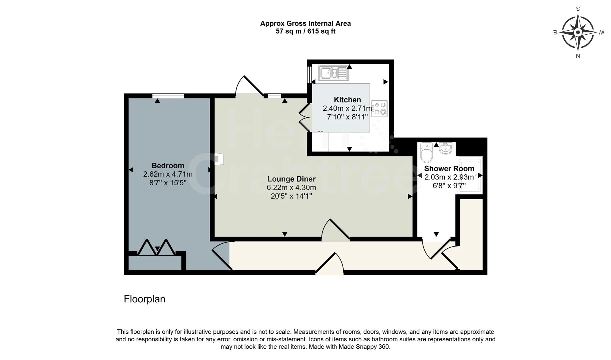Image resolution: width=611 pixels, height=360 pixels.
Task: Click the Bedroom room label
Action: coord(168,166)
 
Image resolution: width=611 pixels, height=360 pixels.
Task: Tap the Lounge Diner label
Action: coord(291,179)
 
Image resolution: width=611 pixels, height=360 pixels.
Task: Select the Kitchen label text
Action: coord(347,100)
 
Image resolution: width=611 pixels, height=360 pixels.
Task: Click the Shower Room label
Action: coord(449,169)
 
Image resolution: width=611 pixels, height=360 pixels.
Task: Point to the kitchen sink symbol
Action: coord(333,73)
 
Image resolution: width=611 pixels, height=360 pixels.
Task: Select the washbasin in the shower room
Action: coord(445,148)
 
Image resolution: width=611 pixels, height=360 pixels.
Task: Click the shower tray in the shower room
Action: coord(470,175)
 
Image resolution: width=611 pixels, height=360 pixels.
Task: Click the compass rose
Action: coord(578,32)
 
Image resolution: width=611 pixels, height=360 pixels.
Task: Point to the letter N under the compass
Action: coord(578,56)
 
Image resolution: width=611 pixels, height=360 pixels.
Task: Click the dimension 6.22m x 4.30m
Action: coord(291,188)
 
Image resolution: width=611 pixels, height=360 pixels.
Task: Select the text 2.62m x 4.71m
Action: coord(168,174)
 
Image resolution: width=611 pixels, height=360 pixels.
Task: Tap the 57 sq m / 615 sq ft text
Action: coord(305,31)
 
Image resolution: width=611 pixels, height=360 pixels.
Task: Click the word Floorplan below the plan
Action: coord(144,299)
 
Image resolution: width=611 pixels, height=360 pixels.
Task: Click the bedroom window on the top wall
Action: coord(168,96)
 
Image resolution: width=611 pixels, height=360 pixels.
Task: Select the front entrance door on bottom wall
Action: coord(330,265)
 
